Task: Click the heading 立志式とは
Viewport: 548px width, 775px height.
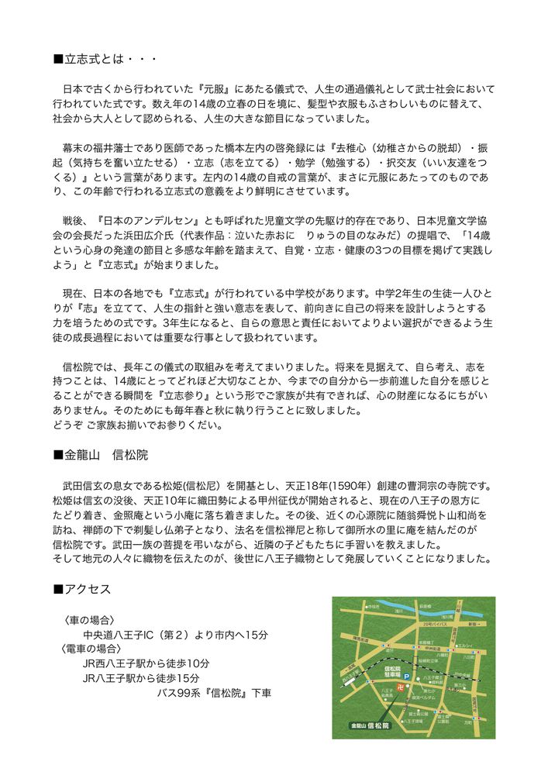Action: coord(108,59)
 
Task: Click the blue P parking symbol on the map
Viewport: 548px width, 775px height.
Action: coord(405,676)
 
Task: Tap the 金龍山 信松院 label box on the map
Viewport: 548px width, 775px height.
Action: coord(369,726)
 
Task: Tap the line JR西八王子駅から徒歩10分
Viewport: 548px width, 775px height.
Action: coord(146,663)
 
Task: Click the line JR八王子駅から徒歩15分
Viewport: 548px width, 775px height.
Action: coord(140,678)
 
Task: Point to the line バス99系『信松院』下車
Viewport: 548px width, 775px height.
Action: coord(214,693)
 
